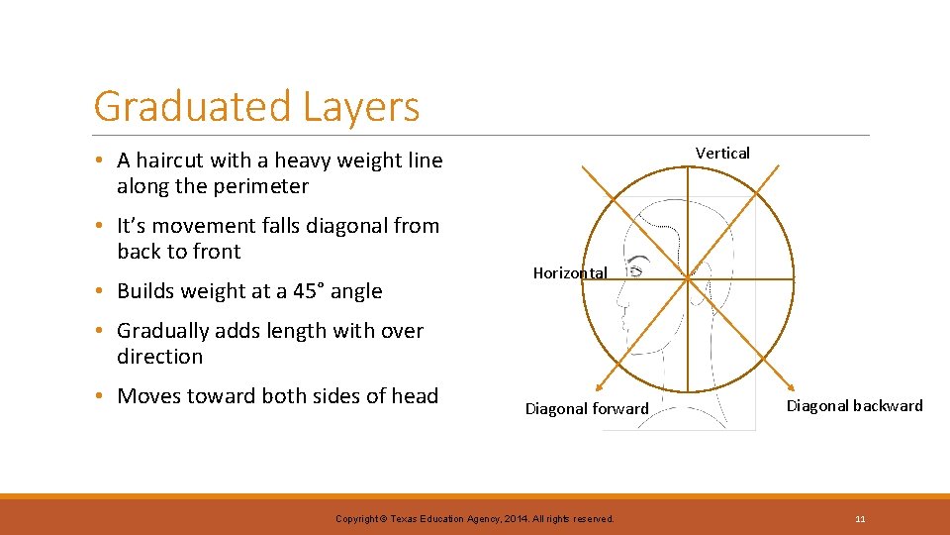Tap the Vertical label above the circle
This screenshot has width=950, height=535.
pyautogui.click(x=722, y=153)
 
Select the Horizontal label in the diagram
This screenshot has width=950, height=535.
pyautogui.click(x=570, y=272)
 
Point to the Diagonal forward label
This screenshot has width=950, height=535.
pyautogui.click(x=587, y=408)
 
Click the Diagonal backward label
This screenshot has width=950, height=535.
pyautogui.click(x=854, y=405)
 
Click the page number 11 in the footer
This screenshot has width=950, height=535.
pyautogui.click(x=861, y=518)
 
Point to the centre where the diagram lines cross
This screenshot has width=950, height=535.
pyautogui.click(x=687, y=279)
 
